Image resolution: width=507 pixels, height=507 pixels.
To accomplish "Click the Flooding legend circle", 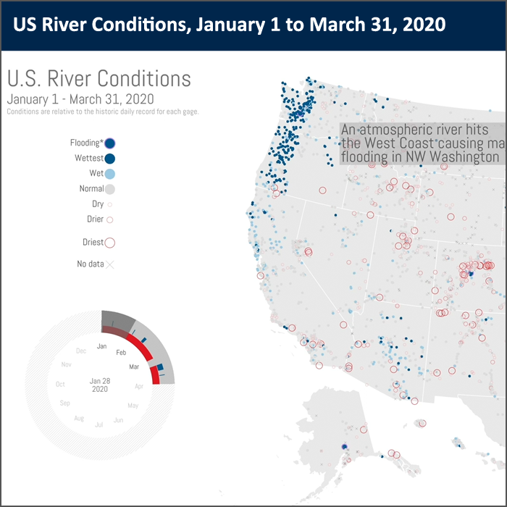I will (110, 143).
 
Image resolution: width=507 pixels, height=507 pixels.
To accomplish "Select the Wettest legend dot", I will (110, 159).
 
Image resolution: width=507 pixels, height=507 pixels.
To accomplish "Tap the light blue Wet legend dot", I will (110, 174).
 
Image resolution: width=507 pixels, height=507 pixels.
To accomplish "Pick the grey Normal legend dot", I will (110, 189).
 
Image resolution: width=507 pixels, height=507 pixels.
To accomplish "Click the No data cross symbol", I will (110, 264).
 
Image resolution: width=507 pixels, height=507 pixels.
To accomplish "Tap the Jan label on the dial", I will (102, 346).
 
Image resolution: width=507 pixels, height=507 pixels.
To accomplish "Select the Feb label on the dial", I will (122, 352).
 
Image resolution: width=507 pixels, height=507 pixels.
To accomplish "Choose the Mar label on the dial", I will (134, 367).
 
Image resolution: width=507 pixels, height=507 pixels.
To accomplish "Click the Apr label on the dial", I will (139, 386).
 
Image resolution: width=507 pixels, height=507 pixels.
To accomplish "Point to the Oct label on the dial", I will (60, 384).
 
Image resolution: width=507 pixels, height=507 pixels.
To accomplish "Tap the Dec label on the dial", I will (81, 351).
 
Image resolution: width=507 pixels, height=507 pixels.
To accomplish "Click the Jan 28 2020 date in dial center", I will (100, 385).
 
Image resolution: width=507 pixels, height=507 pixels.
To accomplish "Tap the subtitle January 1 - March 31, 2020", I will (80, 99).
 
